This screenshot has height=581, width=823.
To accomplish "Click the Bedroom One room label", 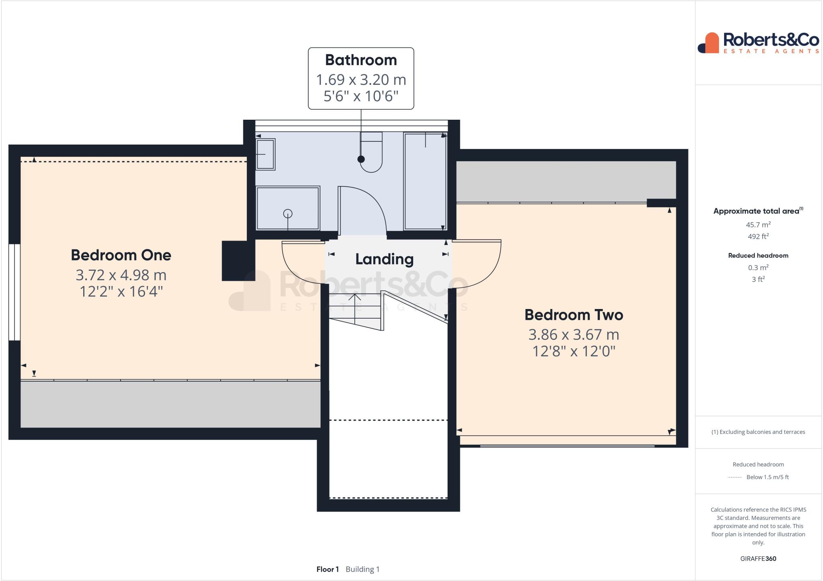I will click(x=121, y=255).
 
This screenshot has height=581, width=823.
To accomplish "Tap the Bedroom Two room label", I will click(x=573, y=315).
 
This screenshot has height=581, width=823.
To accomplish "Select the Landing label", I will click(x=384, y=259).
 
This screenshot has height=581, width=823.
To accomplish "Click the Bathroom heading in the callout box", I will click(x=361, y=60).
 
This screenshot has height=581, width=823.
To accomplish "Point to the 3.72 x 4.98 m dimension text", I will click(x=121, y=275).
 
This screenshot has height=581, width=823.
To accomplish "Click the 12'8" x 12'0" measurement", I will click(x=573, y=351).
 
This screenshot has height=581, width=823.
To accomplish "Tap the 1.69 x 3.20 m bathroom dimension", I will click(x=361, y=80).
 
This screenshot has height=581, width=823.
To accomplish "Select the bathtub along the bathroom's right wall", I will click(x=425, y=181).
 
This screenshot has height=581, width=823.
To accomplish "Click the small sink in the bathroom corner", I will click(x=265, y=154).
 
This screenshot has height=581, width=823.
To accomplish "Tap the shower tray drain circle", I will click(x=288, y=213).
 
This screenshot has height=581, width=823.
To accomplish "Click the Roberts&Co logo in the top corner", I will click(x=758, y=43).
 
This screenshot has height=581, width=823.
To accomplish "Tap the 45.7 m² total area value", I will click(x=758, y=225).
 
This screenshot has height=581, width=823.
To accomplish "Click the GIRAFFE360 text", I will click(x=758, y=558).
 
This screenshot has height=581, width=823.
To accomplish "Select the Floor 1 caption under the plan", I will click(x=328, y=569).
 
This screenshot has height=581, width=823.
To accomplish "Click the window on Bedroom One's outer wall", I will click(x=14, y=292).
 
